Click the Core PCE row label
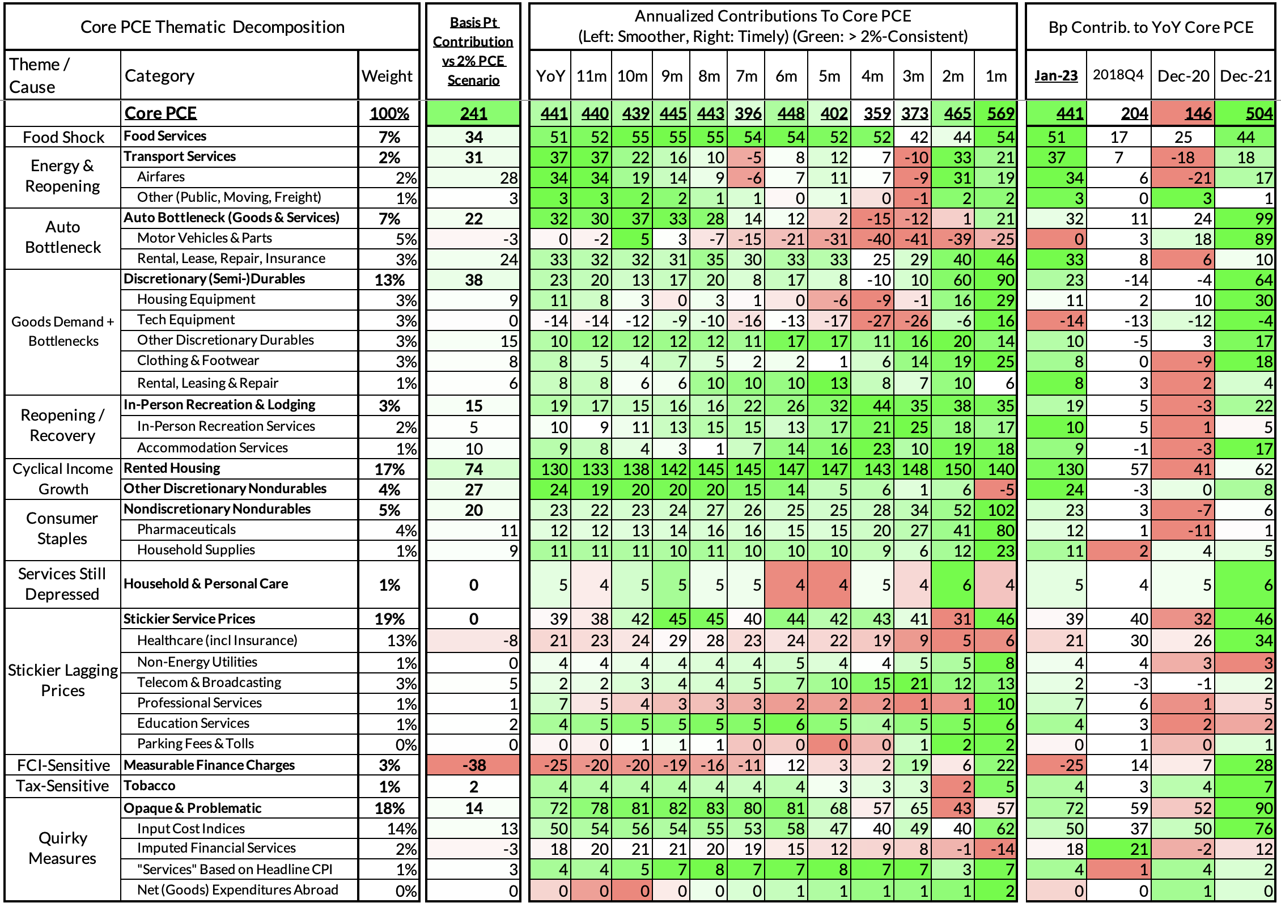[160, 113]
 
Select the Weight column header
[387, 76]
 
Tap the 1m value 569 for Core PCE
[1000, 113]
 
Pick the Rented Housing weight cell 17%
[389, 469]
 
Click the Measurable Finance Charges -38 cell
[474, 765]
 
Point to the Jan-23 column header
[1056, 76]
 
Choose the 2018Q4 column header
[1118, 75]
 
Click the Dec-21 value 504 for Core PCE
[1259, 113]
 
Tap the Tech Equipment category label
[186, 320]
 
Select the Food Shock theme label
[63, 137]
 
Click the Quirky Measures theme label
[62, 848]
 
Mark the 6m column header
[786, 76]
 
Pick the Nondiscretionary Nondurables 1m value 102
[1000, 510]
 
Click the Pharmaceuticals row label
[186, 529]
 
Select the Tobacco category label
[150, 786]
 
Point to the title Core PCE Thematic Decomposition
[212, 27]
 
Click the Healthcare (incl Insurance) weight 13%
[401, 641]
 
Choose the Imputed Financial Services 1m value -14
[1000, 849]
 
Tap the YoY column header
[550, 76]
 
